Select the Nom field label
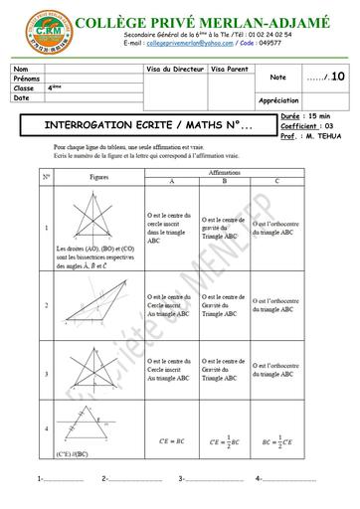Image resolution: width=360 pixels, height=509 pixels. point(22,69)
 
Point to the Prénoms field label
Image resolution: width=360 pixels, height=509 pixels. point(28,79)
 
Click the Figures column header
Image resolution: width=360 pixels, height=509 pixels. point(98,176)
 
